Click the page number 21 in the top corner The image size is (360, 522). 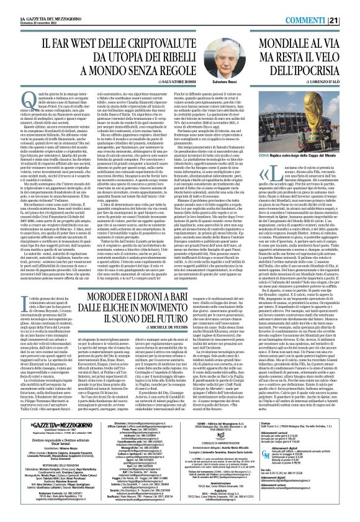click(351, 6)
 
